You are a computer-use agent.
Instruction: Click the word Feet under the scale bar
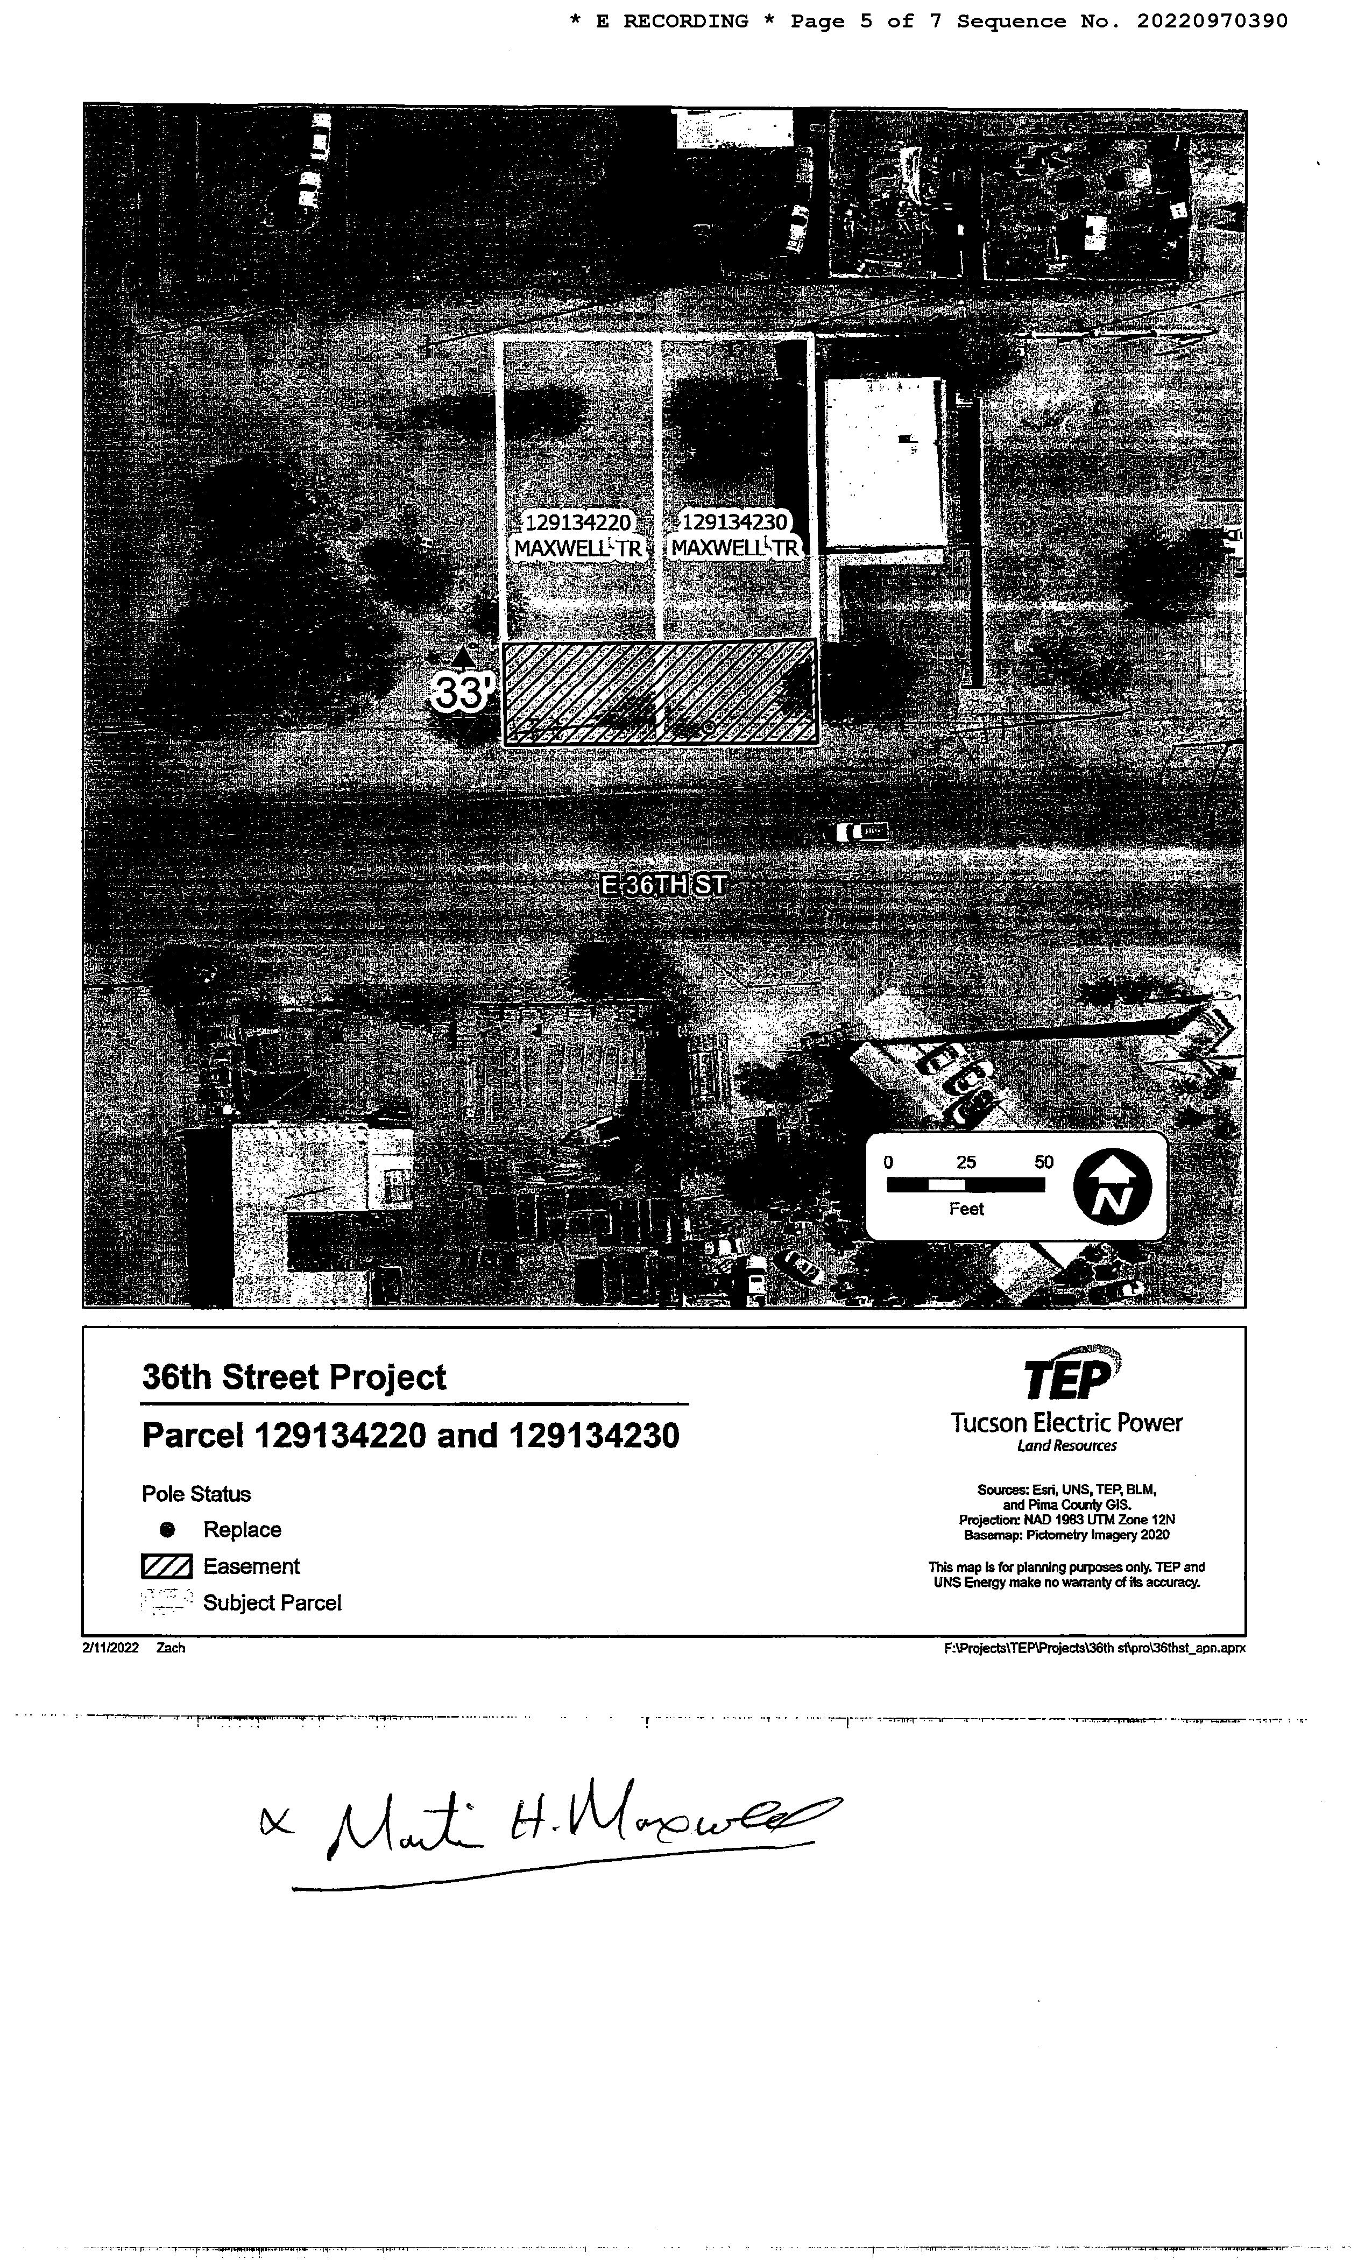coord(966,1209)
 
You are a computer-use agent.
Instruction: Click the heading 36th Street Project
coord(293,1377)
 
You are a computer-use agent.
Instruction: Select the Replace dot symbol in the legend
coord(167,1529)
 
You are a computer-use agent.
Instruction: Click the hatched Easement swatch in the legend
coord(166,1566)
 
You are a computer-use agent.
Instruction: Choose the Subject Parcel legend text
coord(272,1602)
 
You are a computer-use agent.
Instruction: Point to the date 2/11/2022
coord(110,1647)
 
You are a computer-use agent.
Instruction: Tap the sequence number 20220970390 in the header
coord(1212,21)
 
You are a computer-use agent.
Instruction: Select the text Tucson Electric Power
coord(1066,1423)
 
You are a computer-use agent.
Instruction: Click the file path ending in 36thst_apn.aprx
coord(1094,1647)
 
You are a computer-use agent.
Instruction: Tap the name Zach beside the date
coord(171,1647)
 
